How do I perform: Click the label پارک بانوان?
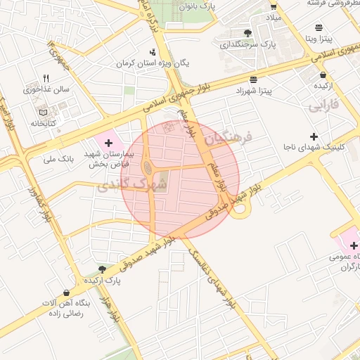[x=196, y=6]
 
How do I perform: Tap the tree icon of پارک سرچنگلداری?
[x=247, y=32]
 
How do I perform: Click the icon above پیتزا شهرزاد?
[x=253, y=79]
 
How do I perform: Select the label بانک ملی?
[x=58, y=159]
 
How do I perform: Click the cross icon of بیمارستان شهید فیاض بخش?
[x=108, y=143]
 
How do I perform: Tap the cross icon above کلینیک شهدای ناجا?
[x=314, y=136]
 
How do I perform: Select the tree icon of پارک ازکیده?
[x=103, y=269]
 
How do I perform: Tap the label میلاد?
[x=272, y=15]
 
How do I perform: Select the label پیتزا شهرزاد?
[x=252, y=91]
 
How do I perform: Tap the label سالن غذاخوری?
[x=46, y=89]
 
